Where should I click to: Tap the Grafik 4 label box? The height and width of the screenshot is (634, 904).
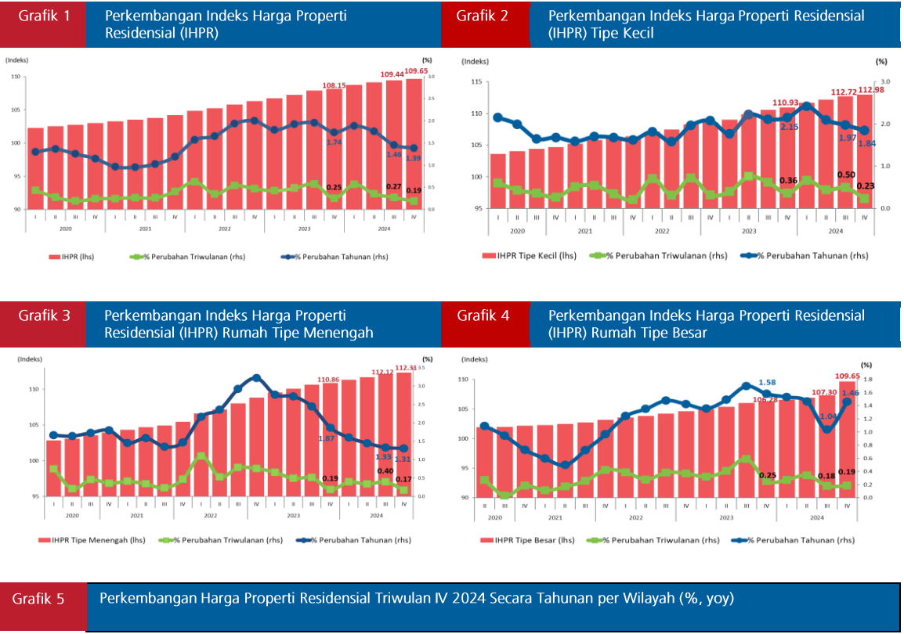[483, 315]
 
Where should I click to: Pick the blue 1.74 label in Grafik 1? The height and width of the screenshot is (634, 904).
[333, 142]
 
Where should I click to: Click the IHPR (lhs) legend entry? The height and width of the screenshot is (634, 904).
[71, 257]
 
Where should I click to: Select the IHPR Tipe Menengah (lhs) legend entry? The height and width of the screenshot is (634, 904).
[85, 540]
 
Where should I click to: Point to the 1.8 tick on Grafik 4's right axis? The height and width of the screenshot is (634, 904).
[866, 380]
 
